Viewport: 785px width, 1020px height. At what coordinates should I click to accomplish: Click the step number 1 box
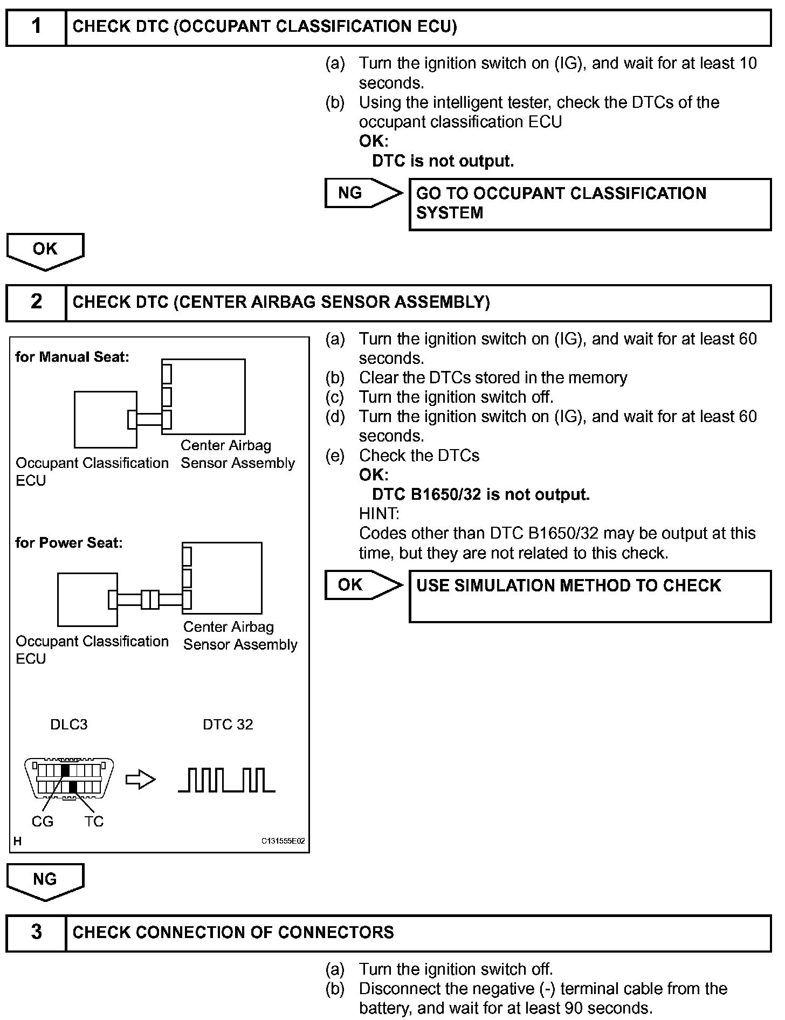tap(36, 26)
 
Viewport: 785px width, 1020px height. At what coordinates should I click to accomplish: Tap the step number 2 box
tap(36, 302)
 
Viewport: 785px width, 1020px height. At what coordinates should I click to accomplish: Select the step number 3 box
tap(36, 932)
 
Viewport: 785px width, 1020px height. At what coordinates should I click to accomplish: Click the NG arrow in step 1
tap(363, 193)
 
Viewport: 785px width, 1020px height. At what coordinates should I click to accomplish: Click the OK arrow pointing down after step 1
tap(45, 251)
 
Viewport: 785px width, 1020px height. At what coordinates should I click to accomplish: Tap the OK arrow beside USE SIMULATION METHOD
tap(363, 585)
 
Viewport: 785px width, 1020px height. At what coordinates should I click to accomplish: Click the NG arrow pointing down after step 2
tap(45, 881)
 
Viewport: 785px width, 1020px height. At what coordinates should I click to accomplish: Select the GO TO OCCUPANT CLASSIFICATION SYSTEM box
tap(590, 204)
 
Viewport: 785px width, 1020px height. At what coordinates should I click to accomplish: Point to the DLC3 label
tap(68, 725)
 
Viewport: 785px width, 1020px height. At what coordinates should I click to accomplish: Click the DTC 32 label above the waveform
tap(228, 725)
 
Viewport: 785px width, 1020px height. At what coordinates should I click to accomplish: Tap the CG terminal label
tap(43, 822)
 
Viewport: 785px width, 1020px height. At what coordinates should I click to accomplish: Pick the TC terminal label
tap(94, 822)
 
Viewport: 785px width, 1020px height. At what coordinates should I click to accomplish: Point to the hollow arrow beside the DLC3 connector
tap(140, 780)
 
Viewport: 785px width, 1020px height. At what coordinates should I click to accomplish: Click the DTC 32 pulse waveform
tap(226, 780)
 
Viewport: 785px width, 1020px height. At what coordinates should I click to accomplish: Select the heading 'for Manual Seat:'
tap(72, 357)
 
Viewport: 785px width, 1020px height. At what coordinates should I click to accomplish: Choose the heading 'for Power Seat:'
tap(69, 542)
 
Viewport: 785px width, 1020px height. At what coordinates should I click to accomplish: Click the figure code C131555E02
tap(283, 841)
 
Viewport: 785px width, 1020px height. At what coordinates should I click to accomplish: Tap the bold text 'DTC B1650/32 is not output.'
tap(481, 494)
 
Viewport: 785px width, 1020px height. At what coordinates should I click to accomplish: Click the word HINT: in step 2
tap(379, 513)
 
